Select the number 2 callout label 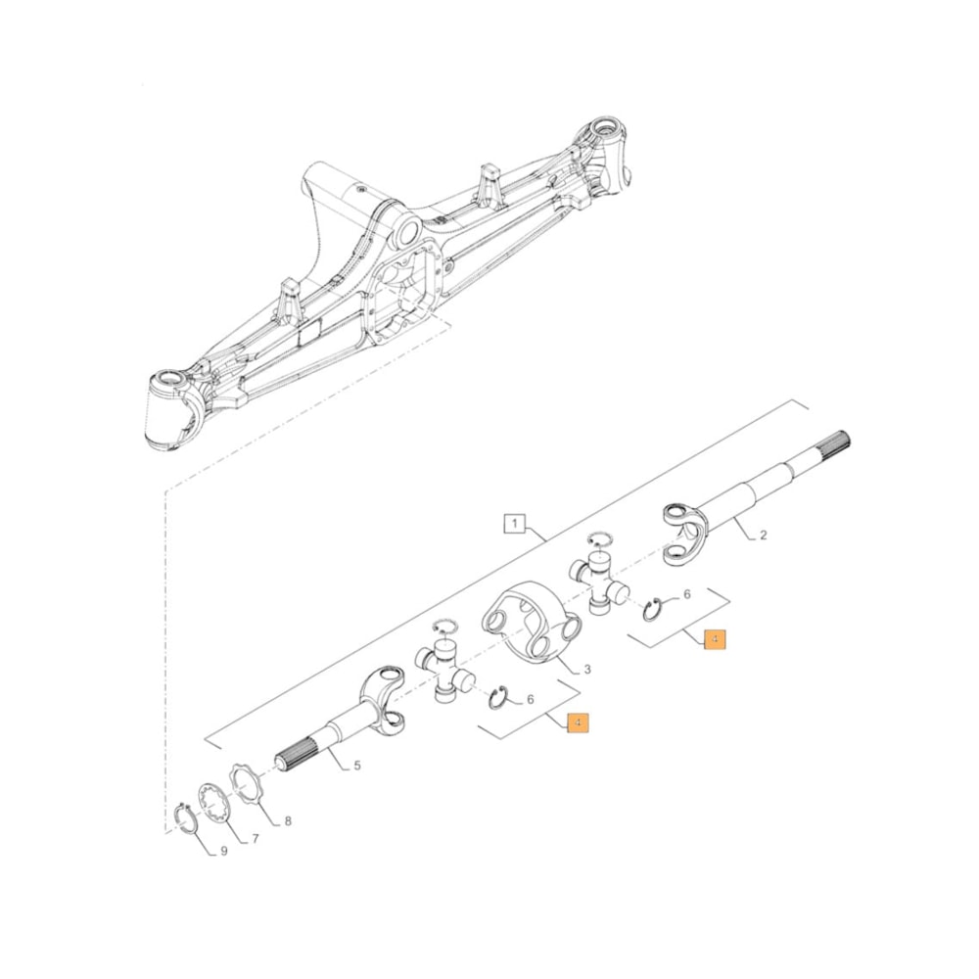point(764,535)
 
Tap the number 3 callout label point(586,670)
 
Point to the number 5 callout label point(357,766)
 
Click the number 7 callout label point(256,839)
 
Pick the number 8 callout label point(288,821)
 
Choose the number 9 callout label point(223,851)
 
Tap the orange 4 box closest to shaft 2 point(716,639)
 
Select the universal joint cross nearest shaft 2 point(600,583)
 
